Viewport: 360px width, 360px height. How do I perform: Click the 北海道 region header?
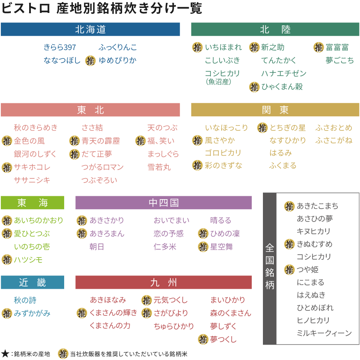click(x=90, y=30)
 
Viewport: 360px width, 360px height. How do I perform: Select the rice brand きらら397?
click(x=60, y=47)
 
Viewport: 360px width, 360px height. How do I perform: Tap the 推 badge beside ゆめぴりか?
click(x=90, y=61)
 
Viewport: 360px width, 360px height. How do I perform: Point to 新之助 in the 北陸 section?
click(x=273, y=47)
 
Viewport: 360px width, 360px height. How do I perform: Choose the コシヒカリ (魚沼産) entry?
click(x=222, y=77)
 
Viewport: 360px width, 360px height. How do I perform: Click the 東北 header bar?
click(x=90, y=110)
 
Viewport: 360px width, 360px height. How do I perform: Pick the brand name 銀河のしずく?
click(x=35, y=154)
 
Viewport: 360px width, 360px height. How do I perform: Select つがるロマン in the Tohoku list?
click(x=102, y=167)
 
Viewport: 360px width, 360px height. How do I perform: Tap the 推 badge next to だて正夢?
click(x=75, y=155)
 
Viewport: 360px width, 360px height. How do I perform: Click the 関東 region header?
click(x=275, y=110)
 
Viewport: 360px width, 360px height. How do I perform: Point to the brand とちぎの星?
click(x=287, y=128)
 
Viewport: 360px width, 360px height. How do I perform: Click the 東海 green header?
click(x=32, y=203)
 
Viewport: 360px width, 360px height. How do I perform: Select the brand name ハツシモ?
click(x=28, y=260)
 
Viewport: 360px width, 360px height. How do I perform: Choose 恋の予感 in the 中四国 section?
click(x=168, y=234)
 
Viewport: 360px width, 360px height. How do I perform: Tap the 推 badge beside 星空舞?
click(x=203, y=247)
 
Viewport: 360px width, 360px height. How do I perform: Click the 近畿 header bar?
click(x=32, y=282)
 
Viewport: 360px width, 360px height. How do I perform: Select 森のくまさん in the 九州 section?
click(x=230, y=313)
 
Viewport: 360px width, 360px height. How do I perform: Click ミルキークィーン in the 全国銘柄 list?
click(x=324, y=333)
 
